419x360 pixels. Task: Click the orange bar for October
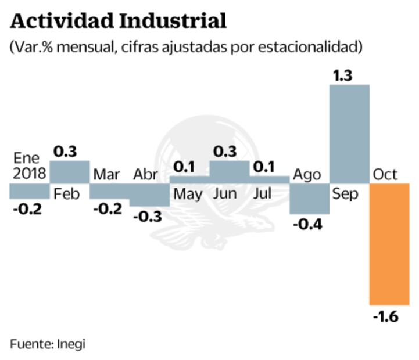[389, 244]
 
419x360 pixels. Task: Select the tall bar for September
[349, 134]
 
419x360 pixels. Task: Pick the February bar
[69, 172]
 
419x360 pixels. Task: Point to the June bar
[229, 172]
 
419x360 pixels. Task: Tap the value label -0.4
[309, 224]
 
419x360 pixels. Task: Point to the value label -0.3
[149, 216]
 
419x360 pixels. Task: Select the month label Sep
[345, 193]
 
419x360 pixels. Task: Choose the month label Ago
[307, 174]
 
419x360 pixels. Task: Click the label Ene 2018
[26, 166]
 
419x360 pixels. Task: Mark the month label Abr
[146, 174]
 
